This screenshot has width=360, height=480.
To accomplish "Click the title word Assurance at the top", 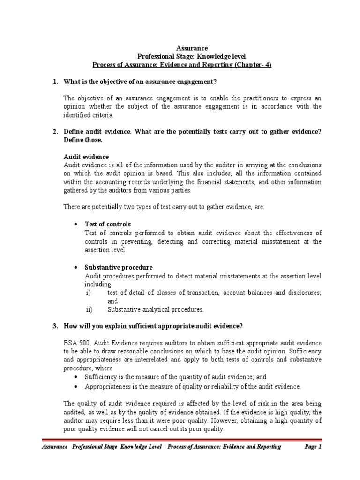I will (x=190, y=48).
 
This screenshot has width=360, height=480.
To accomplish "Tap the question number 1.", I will (x=55, y=82).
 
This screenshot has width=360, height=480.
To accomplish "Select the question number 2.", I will (x=55, y=131).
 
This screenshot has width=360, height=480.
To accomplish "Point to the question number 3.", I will (x=55, y=326).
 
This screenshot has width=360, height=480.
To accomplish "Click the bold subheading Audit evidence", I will (x=86, y=157).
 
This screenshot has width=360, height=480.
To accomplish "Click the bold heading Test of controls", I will (x=107, y=224).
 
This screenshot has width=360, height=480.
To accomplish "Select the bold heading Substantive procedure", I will (x=118, y=267).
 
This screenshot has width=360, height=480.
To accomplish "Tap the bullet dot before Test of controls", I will (x=76, y=225).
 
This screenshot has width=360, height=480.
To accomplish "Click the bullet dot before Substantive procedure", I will (x=76, y=268).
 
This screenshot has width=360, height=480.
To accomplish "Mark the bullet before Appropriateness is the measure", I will (x=76, y=387).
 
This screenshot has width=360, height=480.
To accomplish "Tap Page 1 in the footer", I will (x=313, y=447).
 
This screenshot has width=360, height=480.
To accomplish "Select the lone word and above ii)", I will (x=112, y=301).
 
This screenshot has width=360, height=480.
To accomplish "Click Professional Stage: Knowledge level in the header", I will (x=190, y=56).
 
